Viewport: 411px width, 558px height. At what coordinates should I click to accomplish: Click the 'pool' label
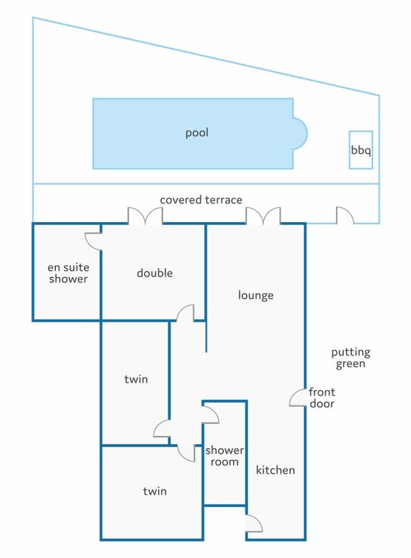[197, 133]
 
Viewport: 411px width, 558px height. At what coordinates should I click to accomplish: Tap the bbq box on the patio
[361, 150]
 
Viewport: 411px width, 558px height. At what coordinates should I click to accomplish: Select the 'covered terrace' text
[201, 200]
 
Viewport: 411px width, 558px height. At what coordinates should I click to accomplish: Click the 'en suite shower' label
[68, 273]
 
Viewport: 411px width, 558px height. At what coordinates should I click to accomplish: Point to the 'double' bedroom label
[155, 273]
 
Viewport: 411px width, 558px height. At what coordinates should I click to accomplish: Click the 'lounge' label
[256, 295]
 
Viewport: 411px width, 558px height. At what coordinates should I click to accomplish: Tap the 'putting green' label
[351, 358]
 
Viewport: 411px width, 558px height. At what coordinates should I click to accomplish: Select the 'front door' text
[322, 397]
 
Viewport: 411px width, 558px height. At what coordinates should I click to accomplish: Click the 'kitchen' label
[276, 470]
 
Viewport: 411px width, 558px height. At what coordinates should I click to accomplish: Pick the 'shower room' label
[225, 456]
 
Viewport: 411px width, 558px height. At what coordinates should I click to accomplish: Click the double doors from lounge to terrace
[263, 216]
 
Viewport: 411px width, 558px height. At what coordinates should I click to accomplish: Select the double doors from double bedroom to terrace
[145, 216]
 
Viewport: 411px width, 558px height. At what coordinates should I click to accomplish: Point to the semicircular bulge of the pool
[300, 133]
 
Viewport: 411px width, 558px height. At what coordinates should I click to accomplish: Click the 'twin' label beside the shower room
[155, 491]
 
